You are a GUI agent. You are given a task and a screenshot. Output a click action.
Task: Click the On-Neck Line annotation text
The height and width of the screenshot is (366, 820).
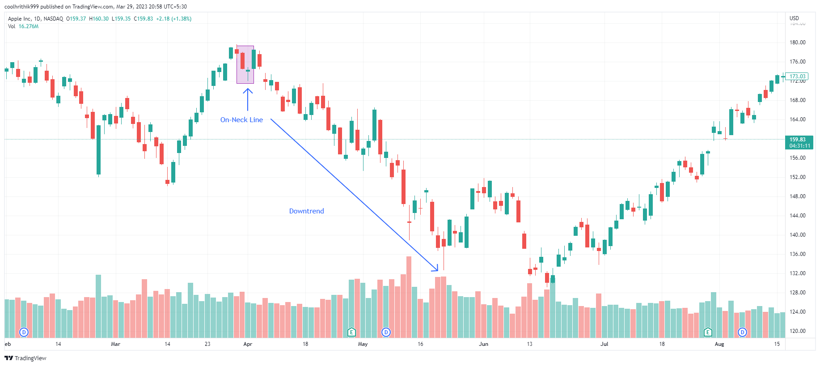[x=241, y=120]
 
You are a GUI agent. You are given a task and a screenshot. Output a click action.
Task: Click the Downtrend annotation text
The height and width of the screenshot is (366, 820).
[x=306, y=211]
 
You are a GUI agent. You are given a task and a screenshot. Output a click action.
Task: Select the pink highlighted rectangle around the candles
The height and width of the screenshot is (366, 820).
[x=245, y=64]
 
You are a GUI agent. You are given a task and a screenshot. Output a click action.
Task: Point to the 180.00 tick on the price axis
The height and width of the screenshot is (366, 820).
[x=797, y=43]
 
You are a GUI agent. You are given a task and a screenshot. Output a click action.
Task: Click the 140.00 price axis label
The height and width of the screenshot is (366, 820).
[x=797, y=235]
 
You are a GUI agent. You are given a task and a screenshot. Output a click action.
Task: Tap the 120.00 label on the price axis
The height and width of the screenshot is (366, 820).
[x=797, y=331]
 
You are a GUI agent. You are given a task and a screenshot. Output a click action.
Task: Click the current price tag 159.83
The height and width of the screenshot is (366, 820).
[x=799, y=140]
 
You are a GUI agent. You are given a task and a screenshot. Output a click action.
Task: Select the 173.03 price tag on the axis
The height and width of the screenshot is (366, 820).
[x=797, y=77]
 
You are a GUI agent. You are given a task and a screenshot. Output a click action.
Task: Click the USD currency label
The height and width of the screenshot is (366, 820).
[x=794, y=18]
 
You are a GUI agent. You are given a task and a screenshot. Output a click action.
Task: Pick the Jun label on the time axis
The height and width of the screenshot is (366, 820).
[x=483, y=344]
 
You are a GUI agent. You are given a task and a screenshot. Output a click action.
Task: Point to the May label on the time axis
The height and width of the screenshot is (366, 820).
[x=363, y=344]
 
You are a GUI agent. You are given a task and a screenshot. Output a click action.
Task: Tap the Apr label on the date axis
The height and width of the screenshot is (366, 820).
[x=248, y=344]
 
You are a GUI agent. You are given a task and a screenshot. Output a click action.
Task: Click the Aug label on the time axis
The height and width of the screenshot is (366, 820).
[x=719, y=344]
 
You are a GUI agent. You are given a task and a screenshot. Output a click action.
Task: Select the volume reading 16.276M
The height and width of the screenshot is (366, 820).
[x=29, y=26]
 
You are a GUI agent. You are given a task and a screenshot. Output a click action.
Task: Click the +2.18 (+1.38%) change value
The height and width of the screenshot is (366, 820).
[x=173, y=19]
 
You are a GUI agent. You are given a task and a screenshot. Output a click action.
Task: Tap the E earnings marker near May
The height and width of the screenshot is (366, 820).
[x=351, y=332]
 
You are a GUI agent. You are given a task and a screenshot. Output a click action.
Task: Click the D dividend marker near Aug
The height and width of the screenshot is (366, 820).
[x=742, y=332]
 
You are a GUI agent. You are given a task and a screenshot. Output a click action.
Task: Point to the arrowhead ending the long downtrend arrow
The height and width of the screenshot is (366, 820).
[x=437, y=270]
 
